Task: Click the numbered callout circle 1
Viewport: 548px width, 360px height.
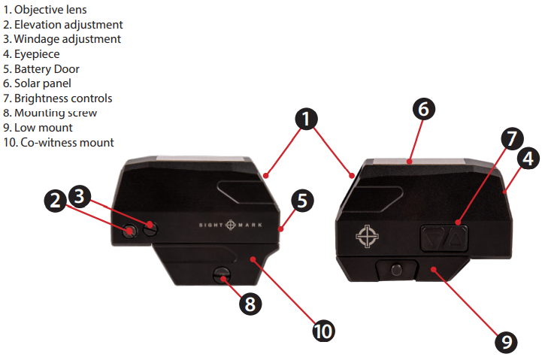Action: click(306, 118)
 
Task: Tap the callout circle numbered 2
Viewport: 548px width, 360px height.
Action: click(54, 201)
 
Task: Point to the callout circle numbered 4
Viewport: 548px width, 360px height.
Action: click(528, 159)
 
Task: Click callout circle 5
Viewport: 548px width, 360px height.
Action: click(301, 201)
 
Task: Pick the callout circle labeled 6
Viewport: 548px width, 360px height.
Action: click(423, 109)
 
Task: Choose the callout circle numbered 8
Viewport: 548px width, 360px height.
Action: click(250, 304)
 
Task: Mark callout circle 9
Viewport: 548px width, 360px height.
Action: click(506, 342)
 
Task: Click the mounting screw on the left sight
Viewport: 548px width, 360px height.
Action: click(223, 274)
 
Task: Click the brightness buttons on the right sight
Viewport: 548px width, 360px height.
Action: click(444, 238)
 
